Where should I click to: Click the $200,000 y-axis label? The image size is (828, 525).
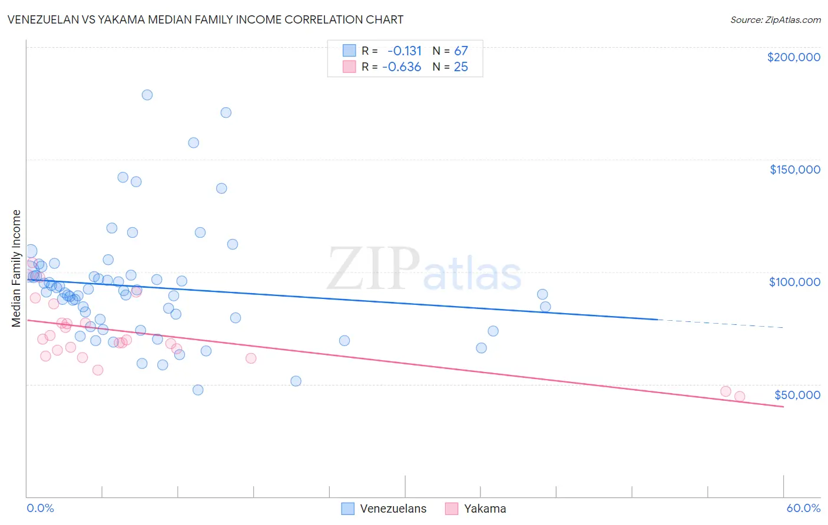coord(793,57)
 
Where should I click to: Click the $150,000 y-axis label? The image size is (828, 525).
coord(794,170)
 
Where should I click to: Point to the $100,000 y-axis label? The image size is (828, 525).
coord(794,282)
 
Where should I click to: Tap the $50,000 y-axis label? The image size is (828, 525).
coord(797,395)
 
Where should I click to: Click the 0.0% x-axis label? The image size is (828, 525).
coord(40,508)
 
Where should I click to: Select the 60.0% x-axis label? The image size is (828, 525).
coord(803,508)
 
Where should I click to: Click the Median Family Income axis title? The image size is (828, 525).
coord(16,268)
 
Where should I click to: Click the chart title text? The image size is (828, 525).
coord(205,19)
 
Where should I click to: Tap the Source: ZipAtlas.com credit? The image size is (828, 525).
coord(775,20)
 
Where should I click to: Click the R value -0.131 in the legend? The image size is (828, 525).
coord(405,51)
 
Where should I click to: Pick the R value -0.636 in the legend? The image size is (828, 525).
coord(402,67)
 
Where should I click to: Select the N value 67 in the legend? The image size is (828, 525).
coord(461,51)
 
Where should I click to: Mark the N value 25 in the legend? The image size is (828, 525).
coord(461,67)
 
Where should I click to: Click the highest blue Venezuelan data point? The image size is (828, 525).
coord(147,95)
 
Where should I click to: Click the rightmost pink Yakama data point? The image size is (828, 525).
coord(740,397)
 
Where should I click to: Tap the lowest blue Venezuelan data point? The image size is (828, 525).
coord(198,390)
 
